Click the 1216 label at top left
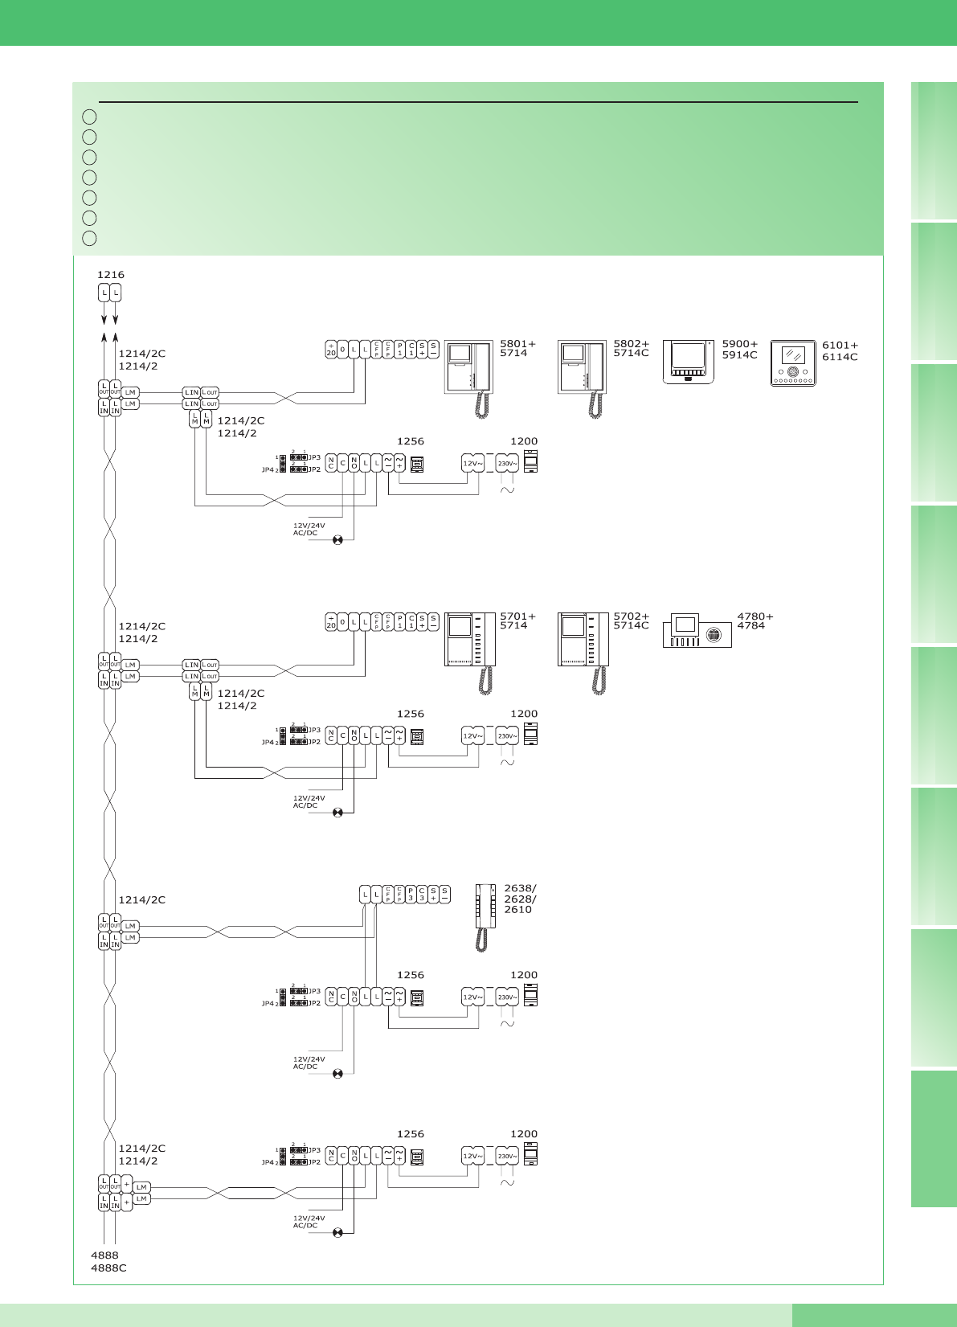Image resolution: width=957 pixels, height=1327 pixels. coord(111,275)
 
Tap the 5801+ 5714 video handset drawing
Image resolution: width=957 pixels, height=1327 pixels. coord(469,379)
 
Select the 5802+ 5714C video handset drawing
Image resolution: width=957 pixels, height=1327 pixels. coord(583,379)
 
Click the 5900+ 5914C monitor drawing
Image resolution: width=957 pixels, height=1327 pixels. coord(688,362)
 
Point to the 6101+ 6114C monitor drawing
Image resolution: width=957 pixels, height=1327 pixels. coord(793,363)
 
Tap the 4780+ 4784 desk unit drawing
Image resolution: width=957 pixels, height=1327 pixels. coord(697,632)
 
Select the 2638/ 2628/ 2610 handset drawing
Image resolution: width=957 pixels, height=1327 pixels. coord(485,916)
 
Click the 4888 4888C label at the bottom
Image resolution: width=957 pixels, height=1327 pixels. coord(108,1261)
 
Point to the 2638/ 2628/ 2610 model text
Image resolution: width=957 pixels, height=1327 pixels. coord(520,899)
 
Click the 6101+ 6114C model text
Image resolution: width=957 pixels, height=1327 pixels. coord(840,351)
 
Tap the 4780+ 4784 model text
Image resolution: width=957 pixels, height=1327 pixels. coord(755,620)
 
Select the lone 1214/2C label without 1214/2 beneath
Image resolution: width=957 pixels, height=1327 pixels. coord(142,900)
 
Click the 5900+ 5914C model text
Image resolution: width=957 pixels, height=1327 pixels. coord(739,349)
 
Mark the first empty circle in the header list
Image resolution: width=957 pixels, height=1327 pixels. coord(89,117)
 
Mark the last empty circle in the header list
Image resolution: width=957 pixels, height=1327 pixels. coord(89,238)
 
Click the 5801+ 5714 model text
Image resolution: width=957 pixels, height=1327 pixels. coord(517,348)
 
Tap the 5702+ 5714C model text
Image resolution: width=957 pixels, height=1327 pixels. coord(631,620)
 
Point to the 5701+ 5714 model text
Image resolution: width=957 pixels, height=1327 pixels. coord(517,620)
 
